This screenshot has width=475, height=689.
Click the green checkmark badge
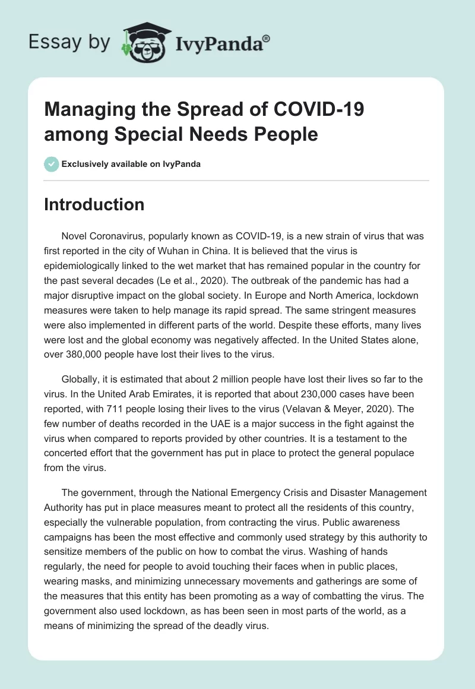52,164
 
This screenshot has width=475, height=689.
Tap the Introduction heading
94,204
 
